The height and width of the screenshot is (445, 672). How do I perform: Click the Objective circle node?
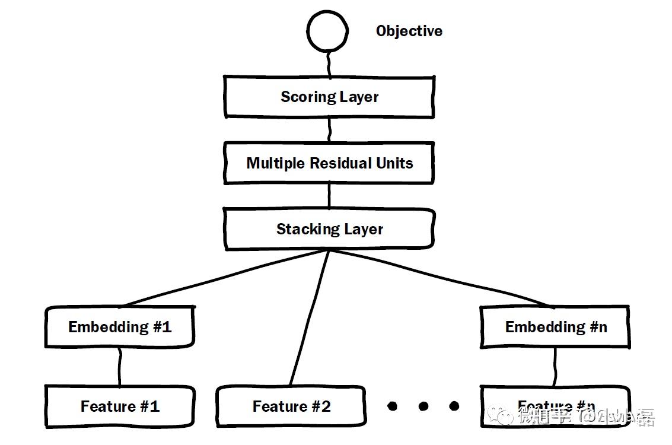327,30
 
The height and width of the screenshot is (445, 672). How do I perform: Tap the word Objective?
409,31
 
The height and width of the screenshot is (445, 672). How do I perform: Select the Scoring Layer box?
329,97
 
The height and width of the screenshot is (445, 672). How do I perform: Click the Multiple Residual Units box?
329,163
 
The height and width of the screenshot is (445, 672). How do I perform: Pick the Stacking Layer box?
329,229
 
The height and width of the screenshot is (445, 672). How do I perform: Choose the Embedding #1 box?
120,327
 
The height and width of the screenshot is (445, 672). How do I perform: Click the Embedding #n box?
555,327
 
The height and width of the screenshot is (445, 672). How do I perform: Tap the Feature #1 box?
120,406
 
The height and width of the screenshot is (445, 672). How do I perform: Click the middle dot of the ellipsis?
423,406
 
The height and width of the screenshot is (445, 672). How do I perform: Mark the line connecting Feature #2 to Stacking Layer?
310,317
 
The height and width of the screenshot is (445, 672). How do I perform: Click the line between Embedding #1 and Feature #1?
120,367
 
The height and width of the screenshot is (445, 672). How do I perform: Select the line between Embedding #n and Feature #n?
555,367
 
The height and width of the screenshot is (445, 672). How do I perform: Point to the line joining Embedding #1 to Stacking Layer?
225,278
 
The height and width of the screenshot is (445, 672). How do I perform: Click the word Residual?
342,163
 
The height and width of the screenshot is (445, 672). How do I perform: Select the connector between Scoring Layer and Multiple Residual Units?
329,129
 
